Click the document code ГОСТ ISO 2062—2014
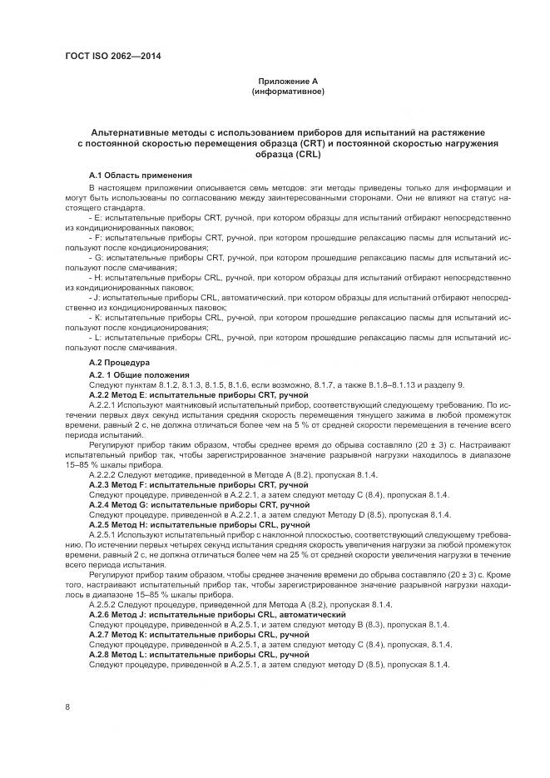[112, 56]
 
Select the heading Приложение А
[287, 82]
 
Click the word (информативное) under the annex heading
[287, 91]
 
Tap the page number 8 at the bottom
[67, 707]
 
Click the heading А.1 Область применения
[141, 176]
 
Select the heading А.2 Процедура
[119, 364]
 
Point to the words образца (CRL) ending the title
[287, 154]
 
